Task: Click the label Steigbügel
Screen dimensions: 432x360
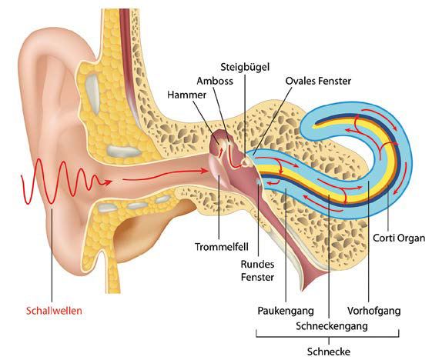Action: [x=245, y=67]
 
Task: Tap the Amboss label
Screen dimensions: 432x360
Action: [x=215, y=81]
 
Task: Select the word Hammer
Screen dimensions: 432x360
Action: [x=187, y=95]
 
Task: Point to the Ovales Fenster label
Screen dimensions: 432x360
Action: [x=318, y=81]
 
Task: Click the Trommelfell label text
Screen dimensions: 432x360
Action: [x=222, y=247]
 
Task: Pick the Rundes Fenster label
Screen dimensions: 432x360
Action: [x=258, y=271]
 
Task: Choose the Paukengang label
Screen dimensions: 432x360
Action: [x=286, y=311]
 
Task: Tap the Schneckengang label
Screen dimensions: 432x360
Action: [x=332, y=326]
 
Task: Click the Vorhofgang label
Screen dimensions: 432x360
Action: [x=374, y=311]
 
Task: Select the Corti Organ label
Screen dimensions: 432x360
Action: [x=399, y=238]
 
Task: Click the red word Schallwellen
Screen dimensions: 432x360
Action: [x=54, y=311]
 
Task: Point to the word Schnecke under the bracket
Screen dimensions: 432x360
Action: [x=329, y=352]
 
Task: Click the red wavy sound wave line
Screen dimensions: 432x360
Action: [x=64, y=182]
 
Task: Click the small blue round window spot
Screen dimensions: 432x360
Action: [x=259, y=182]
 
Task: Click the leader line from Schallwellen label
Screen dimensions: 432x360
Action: [x=52, y=255]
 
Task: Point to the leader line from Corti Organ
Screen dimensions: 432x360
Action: [x=388, y=208]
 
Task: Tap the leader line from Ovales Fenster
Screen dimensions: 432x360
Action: [x=273, y=121]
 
